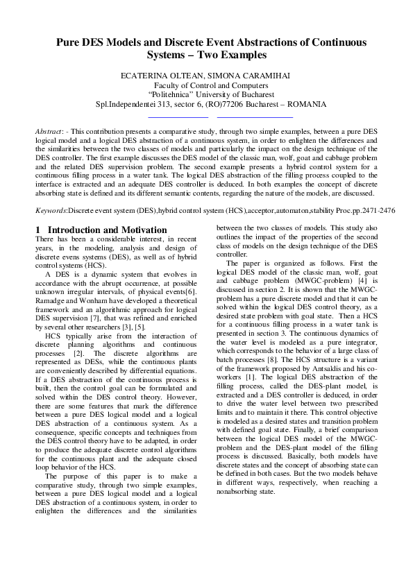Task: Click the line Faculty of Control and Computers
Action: [x=206, y=85]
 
